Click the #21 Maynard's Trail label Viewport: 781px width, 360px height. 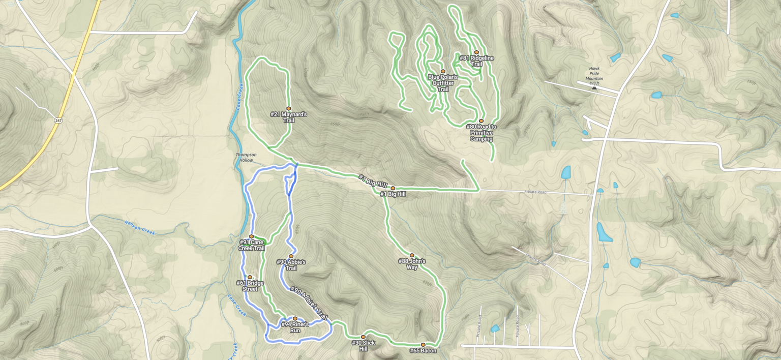coord(288,118)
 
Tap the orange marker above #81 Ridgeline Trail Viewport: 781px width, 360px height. coord(476,52)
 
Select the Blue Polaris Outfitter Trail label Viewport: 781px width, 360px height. coord(442,83)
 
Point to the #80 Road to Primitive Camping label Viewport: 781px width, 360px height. coord(481,133)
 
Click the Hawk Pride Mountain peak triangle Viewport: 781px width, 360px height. coord(594,87)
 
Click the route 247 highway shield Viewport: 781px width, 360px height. coord(59,120)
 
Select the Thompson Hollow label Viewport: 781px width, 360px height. coord(246,157)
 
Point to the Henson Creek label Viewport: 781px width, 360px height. coord(139,227)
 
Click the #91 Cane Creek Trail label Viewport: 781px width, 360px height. coord(252,245)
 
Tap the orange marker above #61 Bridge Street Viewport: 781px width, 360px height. coord(250,277)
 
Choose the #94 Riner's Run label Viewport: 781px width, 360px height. coord(295,327)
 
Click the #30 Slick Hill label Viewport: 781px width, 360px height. coord(363,346)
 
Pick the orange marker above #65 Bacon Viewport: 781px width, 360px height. coord(423,345)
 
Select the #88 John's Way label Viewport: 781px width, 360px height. coord(412,264)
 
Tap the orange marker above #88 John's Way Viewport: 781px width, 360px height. coord(412,255)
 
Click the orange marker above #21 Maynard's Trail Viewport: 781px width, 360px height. coord(288,108)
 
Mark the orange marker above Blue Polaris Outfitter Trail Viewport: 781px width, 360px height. coord(443,71)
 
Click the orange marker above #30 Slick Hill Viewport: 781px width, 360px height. coord(363,337)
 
